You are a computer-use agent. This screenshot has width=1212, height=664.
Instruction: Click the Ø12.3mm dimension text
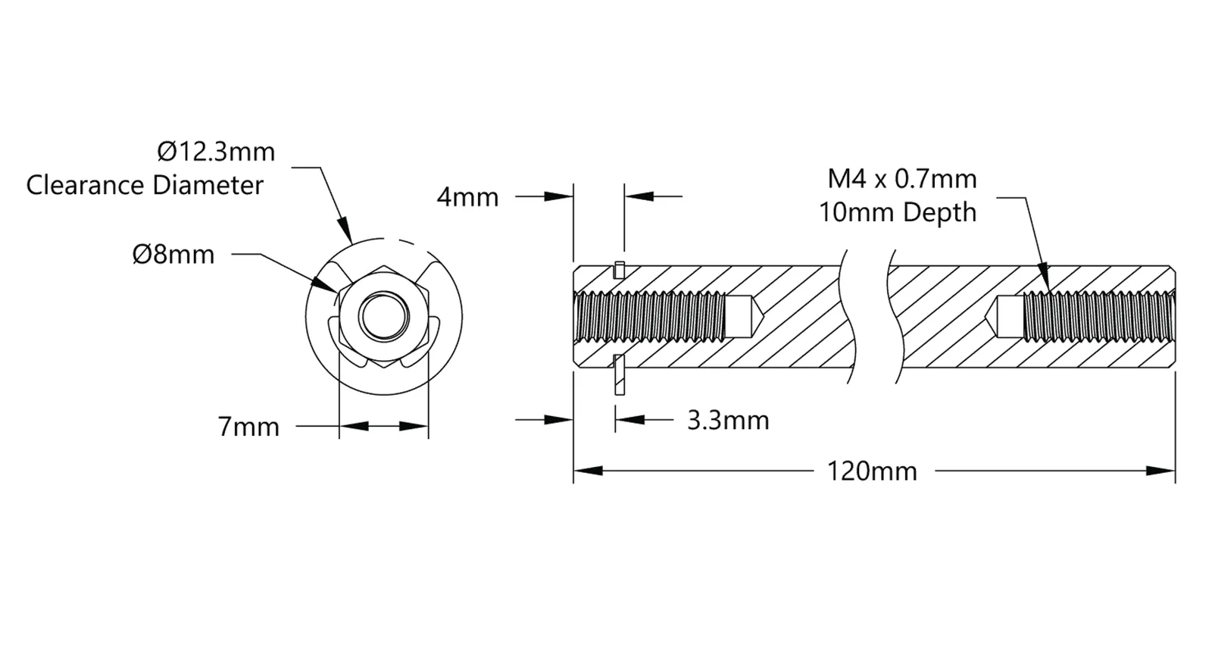(x=216, y=152)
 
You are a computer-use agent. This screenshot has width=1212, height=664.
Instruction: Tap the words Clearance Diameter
(x=145, y=185)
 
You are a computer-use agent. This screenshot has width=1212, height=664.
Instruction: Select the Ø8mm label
(x=173, y=255)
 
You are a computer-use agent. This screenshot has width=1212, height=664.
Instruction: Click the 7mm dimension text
(x=248, y=427)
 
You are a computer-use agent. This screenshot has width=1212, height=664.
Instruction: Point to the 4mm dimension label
(x=467, y=197)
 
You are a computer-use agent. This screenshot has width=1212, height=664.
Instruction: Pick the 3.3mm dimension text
(x=728, y=420)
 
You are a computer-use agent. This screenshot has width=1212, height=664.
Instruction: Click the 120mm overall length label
(x=872, y=471)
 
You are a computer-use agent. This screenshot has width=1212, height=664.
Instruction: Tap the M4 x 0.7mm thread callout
(x=902, y=179)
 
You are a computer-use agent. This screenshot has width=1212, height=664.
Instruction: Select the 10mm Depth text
(x=898, y=212)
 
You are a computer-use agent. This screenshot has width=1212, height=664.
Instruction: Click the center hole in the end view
(x=383, y=318)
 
